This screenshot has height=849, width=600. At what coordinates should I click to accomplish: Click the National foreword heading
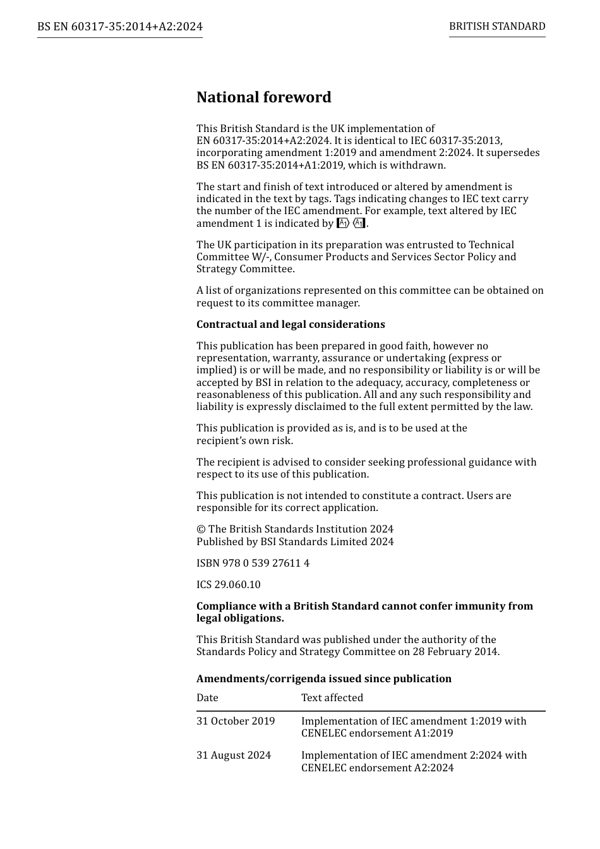click(x=263, y=97)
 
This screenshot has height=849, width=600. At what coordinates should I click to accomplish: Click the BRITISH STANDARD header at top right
click(x=497, y=27)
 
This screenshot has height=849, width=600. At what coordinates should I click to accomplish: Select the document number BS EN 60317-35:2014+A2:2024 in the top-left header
click(x=120, y=27)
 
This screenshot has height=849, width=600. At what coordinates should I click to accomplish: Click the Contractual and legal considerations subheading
click(x=291, y=324)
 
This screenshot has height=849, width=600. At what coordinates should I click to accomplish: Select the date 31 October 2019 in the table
click(x=236, y=721)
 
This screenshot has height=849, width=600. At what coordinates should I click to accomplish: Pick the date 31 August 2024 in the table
click(x=234, y=755)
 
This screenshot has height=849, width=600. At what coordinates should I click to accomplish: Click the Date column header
click(x=207, y=697)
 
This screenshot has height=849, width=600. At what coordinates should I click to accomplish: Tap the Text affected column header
click(x=332, y=697)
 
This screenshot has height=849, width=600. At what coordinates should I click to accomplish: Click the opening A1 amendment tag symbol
click(x=343, y=223)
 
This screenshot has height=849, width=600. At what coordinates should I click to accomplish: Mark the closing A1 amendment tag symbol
click(x=359, y=223)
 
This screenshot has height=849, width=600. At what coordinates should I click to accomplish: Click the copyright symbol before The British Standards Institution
click(x=201, y=529)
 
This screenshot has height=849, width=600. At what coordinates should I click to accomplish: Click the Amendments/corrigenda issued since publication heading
click(x=324, y=678)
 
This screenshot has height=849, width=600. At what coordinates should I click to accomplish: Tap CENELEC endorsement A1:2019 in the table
click(x=377, y=733)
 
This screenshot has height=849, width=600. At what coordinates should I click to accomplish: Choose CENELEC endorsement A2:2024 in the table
click(x=377, y=768)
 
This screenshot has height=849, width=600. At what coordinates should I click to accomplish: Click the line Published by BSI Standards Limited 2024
click(x=295, y=541)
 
